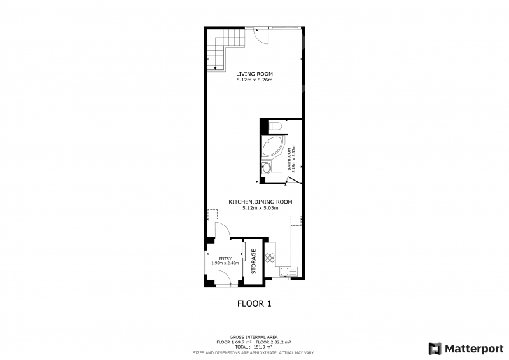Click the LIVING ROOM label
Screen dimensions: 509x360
click(x=254, y=74)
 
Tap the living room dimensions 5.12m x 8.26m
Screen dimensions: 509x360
click(x=254, y=80)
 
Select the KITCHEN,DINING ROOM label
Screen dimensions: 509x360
click(x=260, y=202)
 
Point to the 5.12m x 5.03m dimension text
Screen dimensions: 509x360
click(x=260, y=208)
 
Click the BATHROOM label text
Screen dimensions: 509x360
click(x=289, y=160)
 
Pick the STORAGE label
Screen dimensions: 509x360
click(x=254, y=261)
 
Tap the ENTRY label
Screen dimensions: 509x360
click(x=225, y=258)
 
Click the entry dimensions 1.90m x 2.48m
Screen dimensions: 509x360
click(x=225, y=263)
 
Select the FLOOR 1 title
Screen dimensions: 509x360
click(x=254, y=304)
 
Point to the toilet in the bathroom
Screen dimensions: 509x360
click(x=275, y=126)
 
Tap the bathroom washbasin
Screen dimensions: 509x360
click(x=267, y=168)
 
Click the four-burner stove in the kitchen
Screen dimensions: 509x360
click(x=270, y=258)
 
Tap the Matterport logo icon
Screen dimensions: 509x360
click(x=435, y=349)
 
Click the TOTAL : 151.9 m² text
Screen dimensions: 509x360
click(x=254, y=347)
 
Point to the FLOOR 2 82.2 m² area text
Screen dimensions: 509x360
click(x=273, y=342)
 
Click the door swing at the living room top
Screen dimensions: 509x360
click(x=261, y=36)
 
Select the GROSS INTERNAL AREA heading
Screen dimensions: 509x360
click(x=253, y=338)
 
